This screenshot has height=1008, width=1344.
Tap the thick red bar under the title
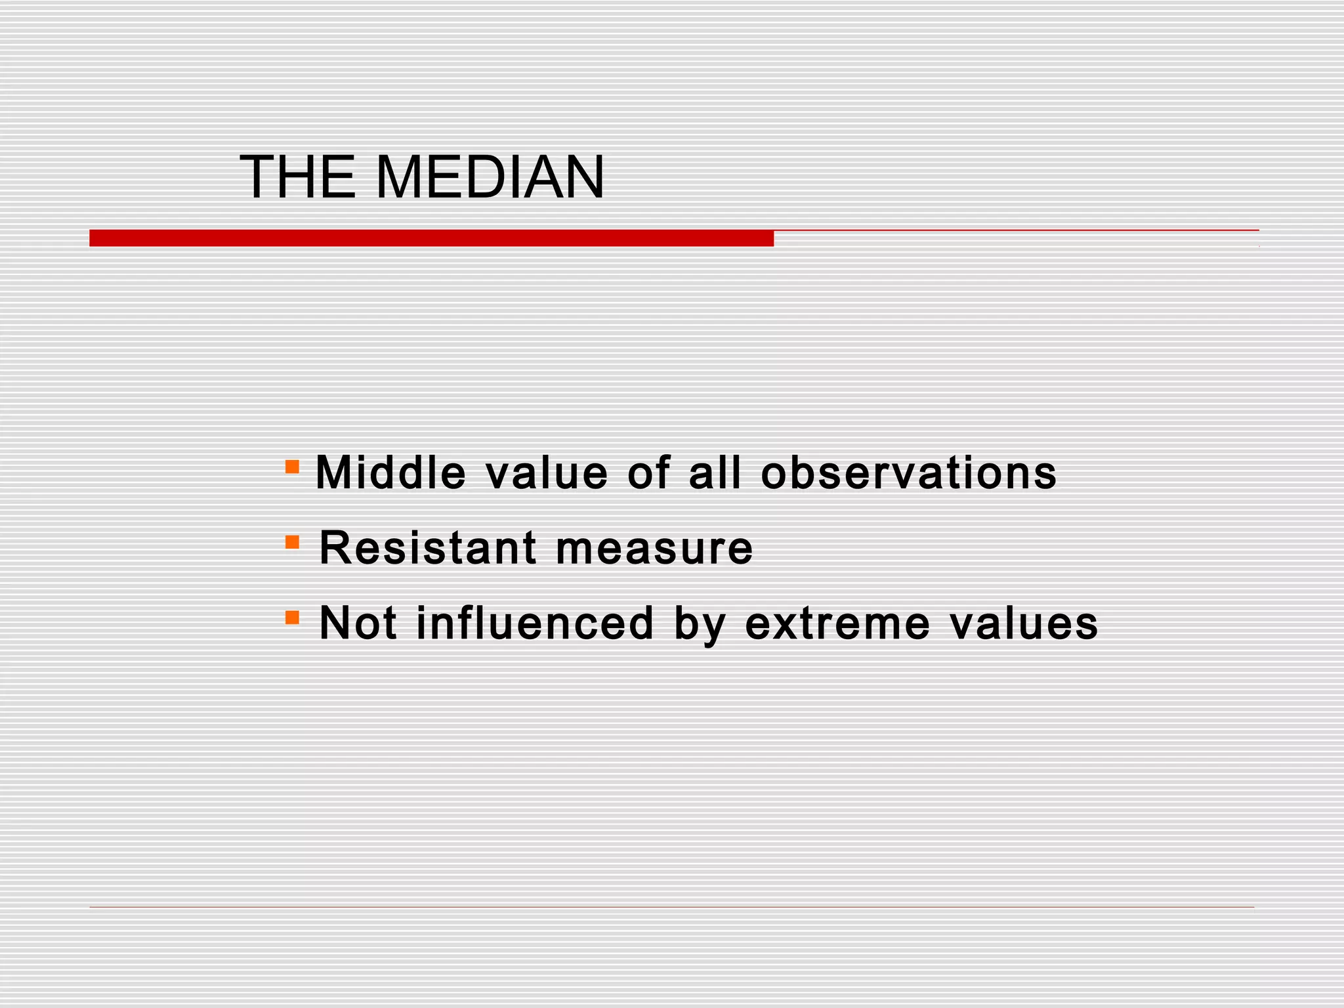pos(431,238)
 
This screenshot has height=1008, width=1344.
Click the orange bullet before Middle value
pos(292,467)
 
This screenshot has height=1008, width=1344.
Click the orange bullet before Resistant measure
pos(292,542)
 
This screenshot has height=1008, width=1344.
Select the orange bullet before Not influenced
pos(292,618)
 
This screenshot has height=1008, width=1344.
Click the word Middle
pos(390,472)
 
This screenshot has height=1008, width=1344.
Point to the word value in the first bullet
pos(547,474)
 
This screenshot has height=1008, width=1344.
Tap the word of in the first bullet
pos(648,472)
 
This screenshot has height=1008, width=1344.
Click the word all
pos(715,472)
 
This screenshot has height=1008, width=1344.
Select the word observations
pos(909,472)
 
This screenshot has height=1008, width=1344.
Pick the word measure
pos(654,549)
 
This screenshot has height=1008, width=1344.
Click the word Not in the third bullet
pos(358,623)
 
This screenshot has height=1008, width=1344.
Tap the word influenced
pos(535,623)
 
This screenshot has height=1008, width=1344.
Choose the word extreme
pos(838,624)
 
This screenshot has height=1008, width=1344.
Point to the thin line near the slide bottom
pos(671,908)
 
